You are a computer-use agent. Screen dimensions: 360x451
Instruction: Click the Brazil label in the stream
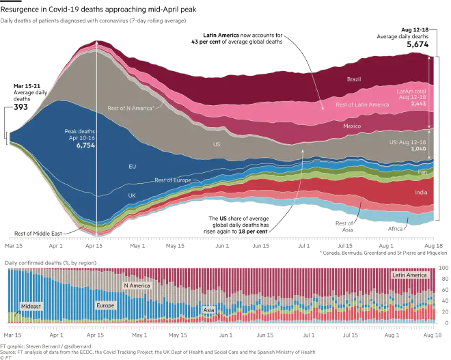point(354,80)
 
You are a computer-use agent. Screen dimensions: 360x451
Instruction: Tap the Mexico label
point(352,127)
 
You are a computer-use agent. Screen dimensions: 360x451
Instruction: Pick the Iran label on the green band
point(422,172)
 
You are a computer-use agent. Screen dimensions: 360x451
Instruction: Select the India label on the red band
point(422,192)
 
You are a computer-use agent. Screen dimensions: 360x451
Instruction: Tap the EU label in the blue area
point(133,166)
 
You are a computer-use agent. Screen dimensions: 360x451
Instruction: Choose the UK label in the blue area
point(133,195)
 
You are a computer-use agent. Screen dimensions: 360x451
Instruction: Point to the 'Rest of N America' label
point(130,107)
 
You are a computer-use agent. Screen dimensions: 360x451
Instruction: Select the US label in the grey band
point(217,145)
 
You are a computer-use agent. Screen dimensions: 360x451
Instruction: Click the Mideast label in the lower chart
point(31,306)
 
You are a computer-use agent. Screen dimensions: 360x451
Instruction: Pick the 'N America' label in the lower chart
point(136,285)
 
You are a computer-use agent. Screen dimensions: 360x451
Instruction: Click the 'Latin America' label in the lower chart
point(409,275)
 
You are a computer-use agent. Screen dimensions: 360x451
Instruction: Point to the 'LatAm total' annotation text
point(411,90)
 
